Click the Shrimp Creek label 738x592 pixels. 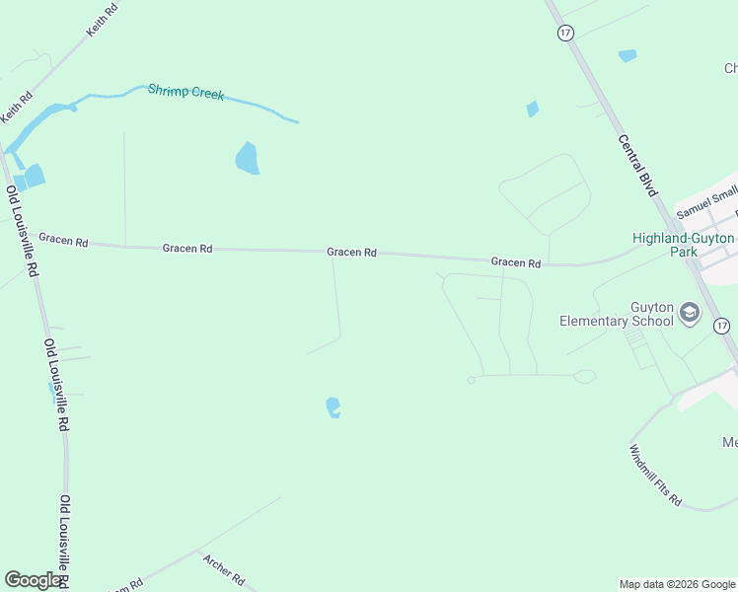[186, 93]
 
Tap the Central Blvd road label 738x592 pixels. [637, 165]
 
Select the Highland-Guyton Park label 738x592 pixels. [683, 245]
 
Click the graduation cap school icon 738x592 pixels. [690, 314]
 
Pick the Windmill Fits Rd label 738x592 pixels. [655, 475]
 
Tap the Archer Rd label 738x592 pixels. [223, 569]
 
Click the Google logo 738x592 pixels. [33, 580]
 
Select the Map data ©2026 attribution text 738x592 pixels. [677, 584]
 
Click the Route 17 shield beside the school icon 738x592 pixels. [722, 326]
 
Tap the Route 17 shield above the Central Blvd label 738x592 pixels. [565, 33]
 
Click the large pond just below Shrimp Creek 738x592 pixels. [247, 157]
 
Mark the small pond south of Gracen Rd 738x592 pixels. [333, 407]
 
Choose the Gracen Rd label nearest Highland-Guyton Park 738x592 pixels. [516, 263]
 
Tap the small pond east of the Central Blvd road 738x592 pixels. [627, 56]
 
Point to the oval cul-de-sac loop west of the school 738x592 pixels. [584, 376]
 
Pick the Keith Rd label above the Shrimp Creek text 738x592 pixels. [102, 20]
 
